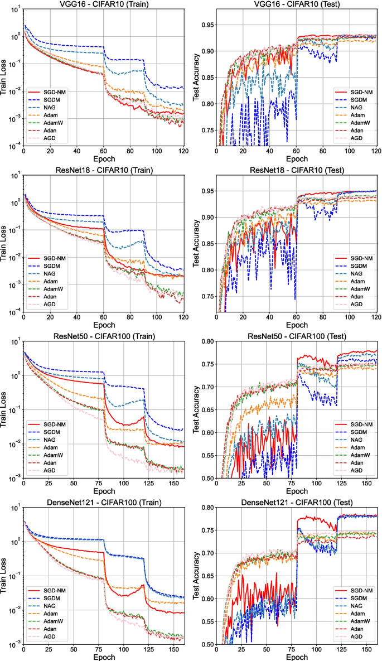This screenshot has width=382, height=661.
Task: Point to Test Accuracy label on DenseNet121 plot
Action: (x=196, y=576)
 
